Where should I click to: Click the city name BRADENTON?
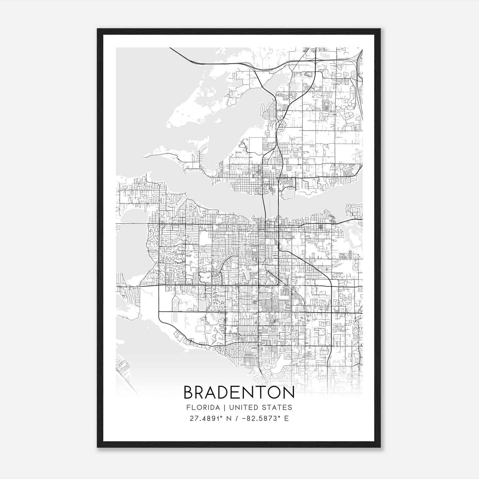[x=239, y=393]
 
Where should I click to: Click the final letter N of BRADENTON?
[x=288, y=393]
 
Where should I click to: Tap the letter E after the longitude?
[x=287, y=419]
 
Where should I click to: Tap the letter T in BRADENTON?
[x=260, y=393]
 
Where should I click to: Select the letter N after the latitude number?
[x=229, y=419]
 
